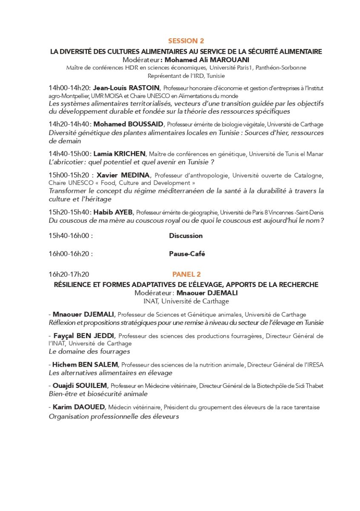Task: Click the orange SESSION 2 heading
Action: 186,41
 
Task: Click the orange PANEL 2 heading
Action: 186,274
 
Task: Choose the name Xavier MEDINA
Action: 123,175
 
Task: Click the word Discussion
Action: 186,235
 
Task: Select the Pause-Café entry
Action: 187,254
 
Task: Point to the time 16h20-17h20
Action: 69,274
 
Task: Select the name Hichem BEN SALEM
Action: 86,365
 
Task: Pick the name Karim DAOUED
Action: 79,407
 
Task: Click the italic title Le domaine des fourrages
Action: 89,351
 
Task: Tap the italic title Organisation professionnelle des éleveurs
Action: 114,416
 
